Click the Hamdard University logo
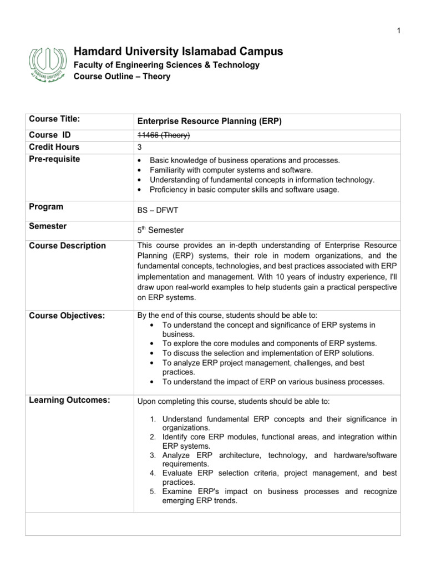click(49, 64)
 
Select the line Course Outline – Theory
click(122, 77)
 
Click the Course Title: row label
click(55, 119)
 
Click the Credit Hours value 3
click(139, 148)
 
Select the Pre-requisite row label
click(54, 159)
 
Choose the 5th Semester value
click(160, 230)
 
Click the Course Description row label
click(67, 246)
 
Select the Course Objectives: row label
click(67, 316)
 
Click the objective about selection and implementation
click(268, 353)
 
